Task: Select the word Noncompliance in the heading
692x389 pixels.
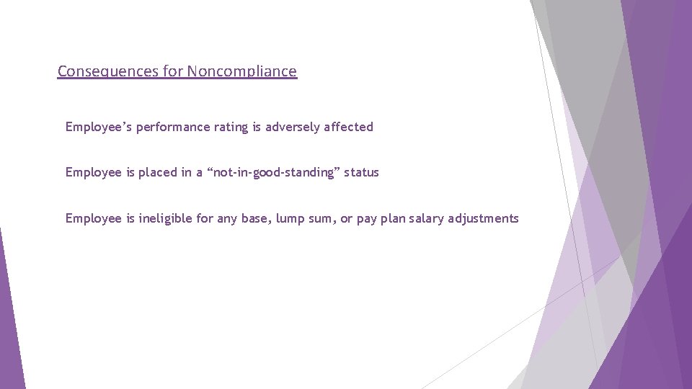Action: click(x=241, y=71)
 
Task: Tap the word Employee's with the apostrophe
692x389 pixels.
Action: click(x=98, y=127)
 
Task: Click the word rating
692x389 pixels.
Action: click(x=231, y=127)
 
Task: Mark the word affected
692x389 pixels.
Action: click(x=349, y=127)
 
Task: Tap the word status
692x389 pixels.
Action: click(x=361, y=173)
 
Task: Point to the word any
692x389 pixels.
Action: click(x=227, y=219)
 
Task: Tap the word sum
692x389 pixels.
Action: click(x=321, y=219)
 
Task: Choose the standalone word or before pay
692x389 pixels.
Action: click(x=346, y=219)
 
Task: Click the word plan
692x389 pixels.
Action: click(x=393, y=218)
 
